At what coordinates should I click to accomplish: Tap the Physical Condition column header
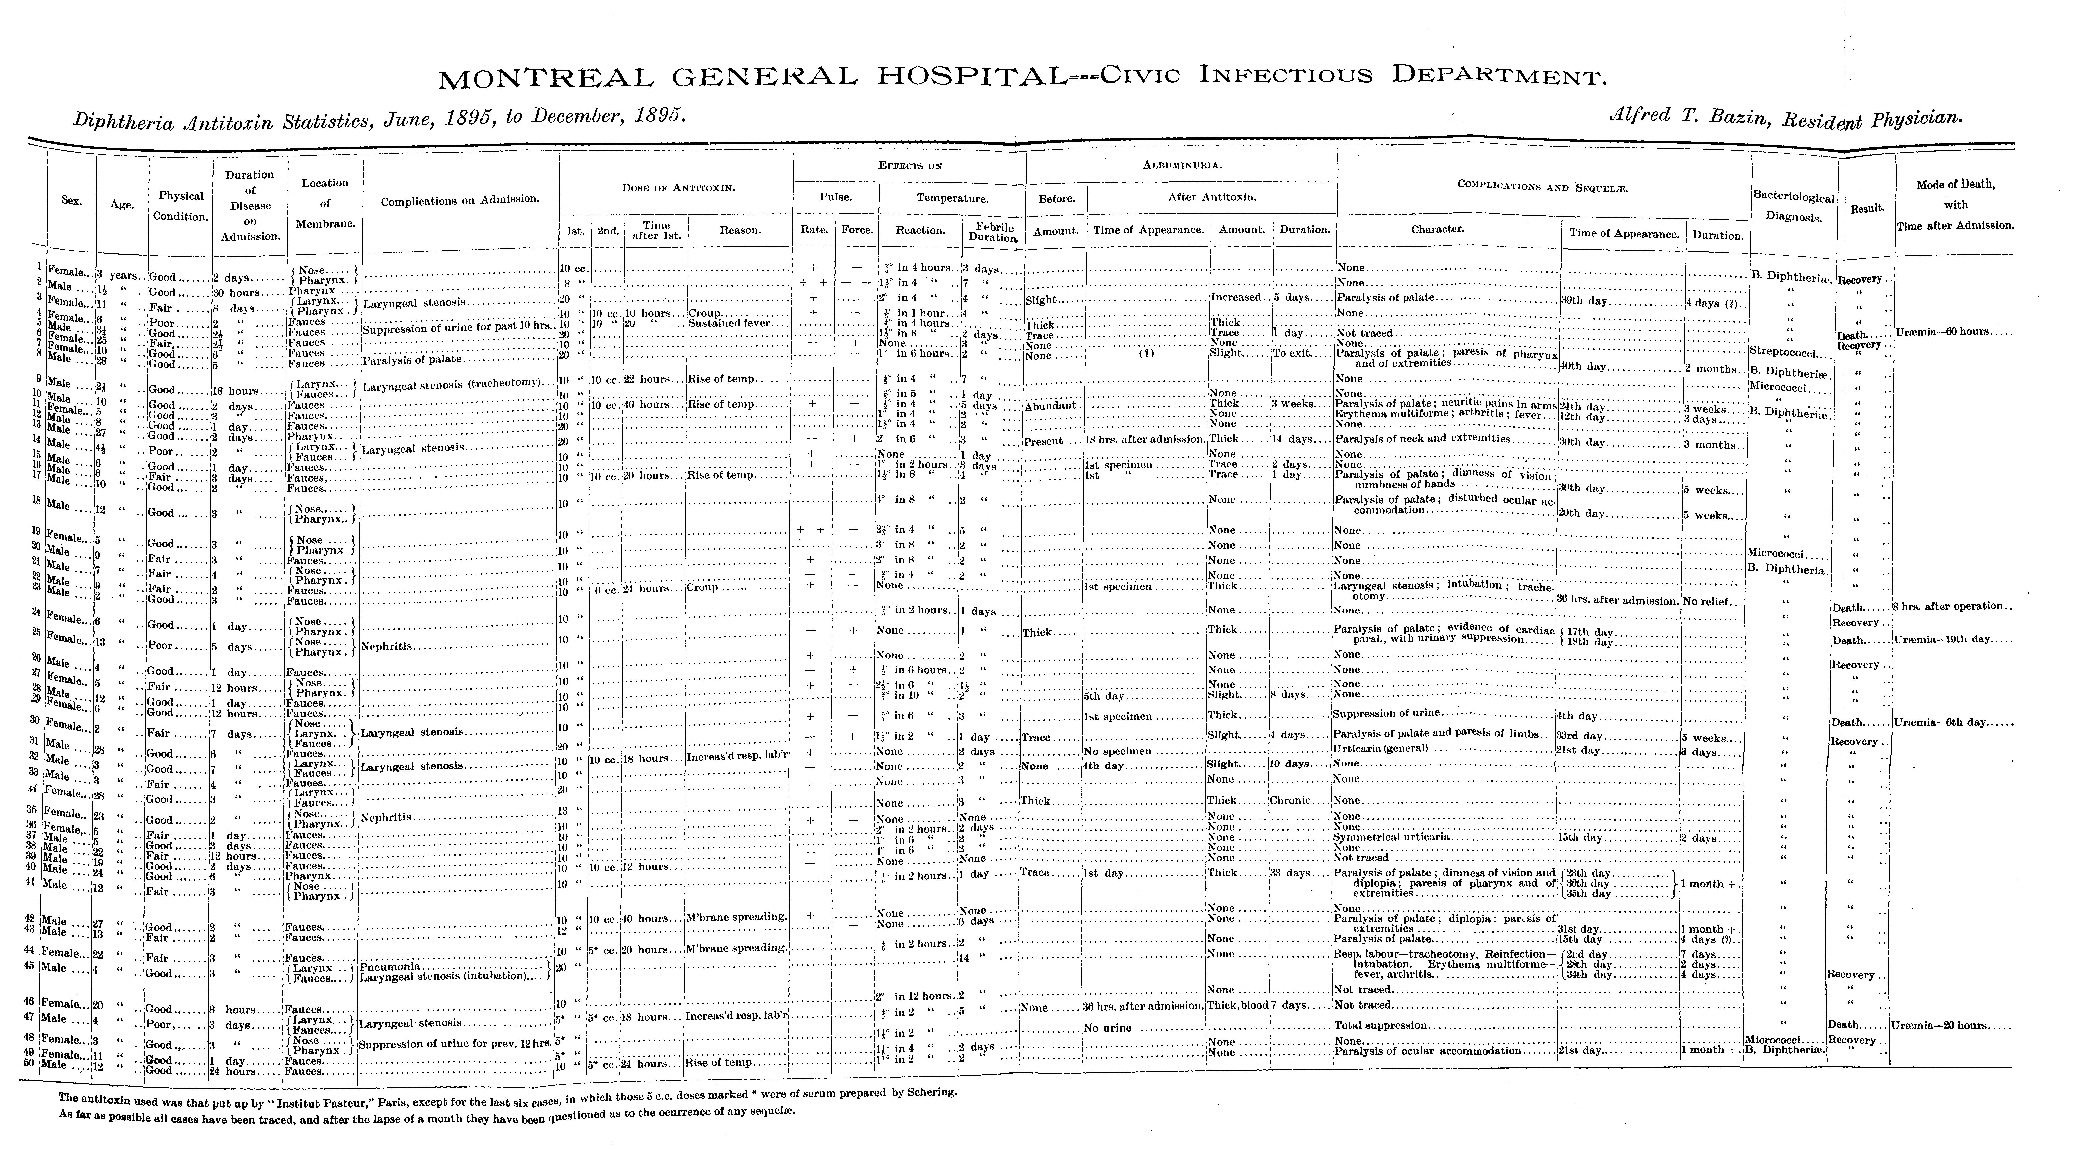coord(181,206)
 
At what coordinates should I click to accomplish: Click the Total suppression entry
coord(1381,1026)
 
